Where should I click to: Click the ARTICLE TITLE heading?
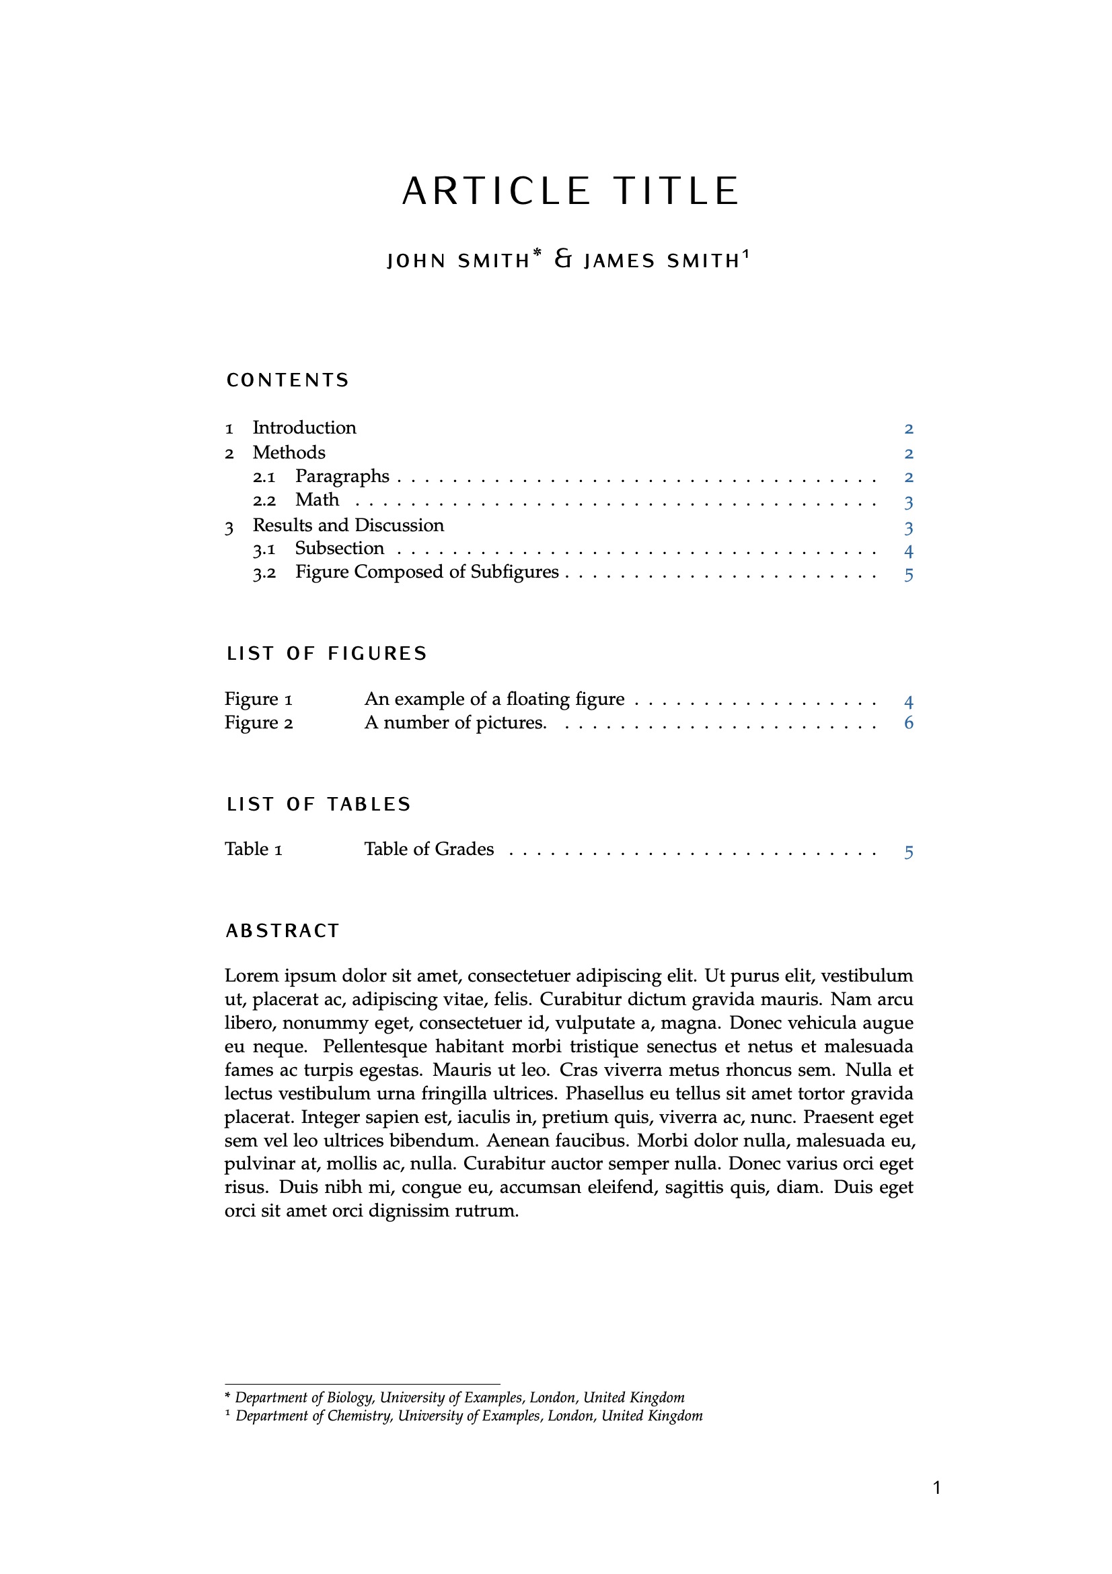point(570,191)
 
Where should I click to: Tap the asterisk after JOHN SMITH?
point(536,254)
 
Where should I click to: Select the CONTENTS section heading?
point(288,380)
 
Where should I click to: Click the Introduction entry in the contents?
point(304,427)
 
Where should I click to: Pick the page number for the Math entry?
point(909,502)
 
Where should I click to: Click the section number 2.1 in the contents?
point(264,477)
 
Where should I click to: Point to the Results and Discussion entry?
point(348,526)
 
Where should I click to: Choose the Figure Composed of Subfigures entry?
point(427,572)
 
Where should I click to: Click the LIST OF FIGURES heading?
point(327,654)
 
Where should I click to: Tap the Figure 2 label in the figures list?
point(259,723)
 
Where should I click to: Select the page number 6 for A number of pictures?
point(909,723)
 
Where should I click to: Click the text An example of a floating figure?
point(494,699)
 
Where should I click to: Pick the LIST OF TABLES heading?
point(319,804)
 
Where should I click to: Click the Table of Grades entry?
point(429,850)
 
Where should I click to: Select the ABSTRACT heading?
point(283,931)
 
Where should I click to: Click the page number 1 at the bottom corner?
point(937,1488)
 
